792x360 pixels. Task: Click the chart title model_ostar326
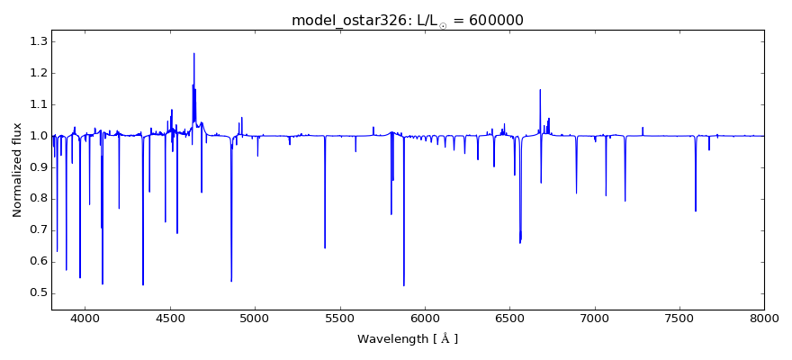click(351, 20)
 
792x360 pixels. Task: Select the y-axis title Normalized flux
click(18, 170)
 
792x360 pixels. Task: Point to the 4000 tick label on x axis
click(85, 318)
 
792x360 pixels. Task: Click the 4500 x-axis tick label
click(170, 318)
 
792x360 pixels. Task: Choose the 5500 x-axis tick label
click(339, 318)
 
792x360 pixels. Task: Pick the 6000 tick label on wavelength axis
click(425, 318)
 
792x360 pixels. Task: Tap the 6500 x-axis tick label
click(509, 318)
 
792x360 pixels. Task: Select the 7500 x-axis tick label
click(679, 318)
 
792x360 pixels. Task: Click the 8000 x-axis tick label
click(764, 318)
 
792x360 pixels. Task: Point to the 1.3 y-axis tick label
click(37, 41)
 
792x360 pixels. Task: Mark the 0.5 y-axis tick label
click(37, 292)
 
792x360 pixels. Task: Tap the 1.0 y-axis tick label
click(37, 136)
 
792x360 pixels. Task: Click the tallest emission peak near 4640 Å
click(193, 53)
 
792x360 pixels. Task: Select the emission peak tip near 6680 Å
click(540, 89)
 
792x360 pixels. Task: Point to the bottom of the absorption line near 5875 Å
click(404, 285)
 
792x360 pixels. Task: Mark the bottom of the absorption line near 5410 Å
click(325, 247)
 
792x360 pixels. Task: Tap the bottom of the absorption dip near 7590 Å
click(696, 211)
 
